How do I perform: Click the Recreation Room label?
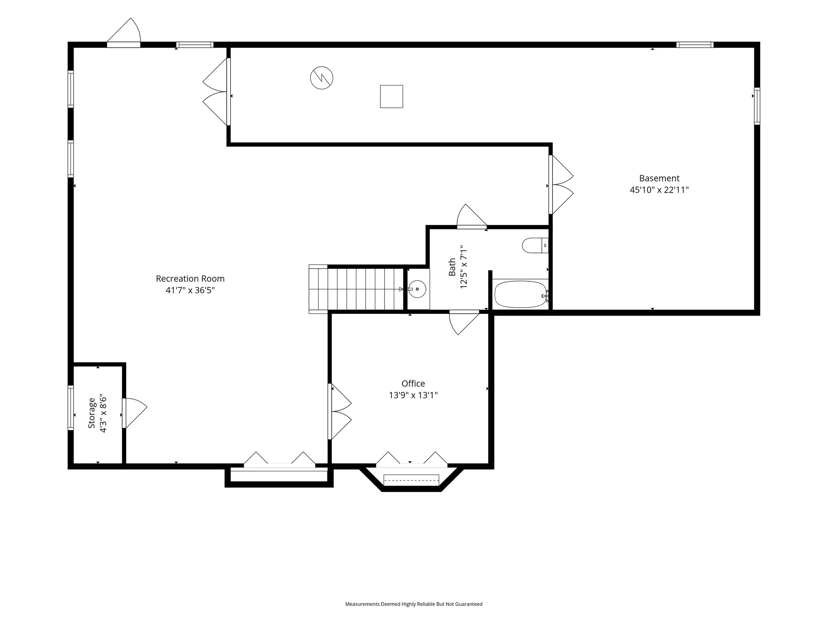click(190, 279)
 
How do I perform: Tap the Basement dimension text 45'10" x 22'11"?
click(659, 190)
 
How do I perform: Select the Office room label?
click(413, 383)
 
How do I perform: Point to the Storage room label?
click(92, 413)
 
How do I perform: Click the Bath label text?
click(452, 267)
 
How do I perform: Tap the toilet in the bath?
click(535, 245)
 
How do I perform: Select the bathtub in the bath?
click(521, 294)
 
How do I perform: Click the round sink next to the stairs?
click(417, 289)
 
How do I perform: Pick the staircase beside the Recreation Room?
click(356, 289)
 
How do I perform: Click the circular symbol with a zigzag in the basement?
click(322, 78)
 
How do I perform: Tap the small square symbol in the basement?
click(391, 97)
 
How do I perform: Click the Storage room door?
click(134, 413)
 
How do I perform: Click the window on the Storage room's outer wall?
click(70, 408)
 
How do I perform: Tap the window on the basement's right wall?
click(757, 106)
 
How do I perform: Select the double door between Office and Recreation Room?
click(339, 411)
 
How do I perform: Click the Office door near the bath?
click(464, 322)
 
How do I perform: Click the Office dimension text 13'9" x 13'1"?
click(413, 395)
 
